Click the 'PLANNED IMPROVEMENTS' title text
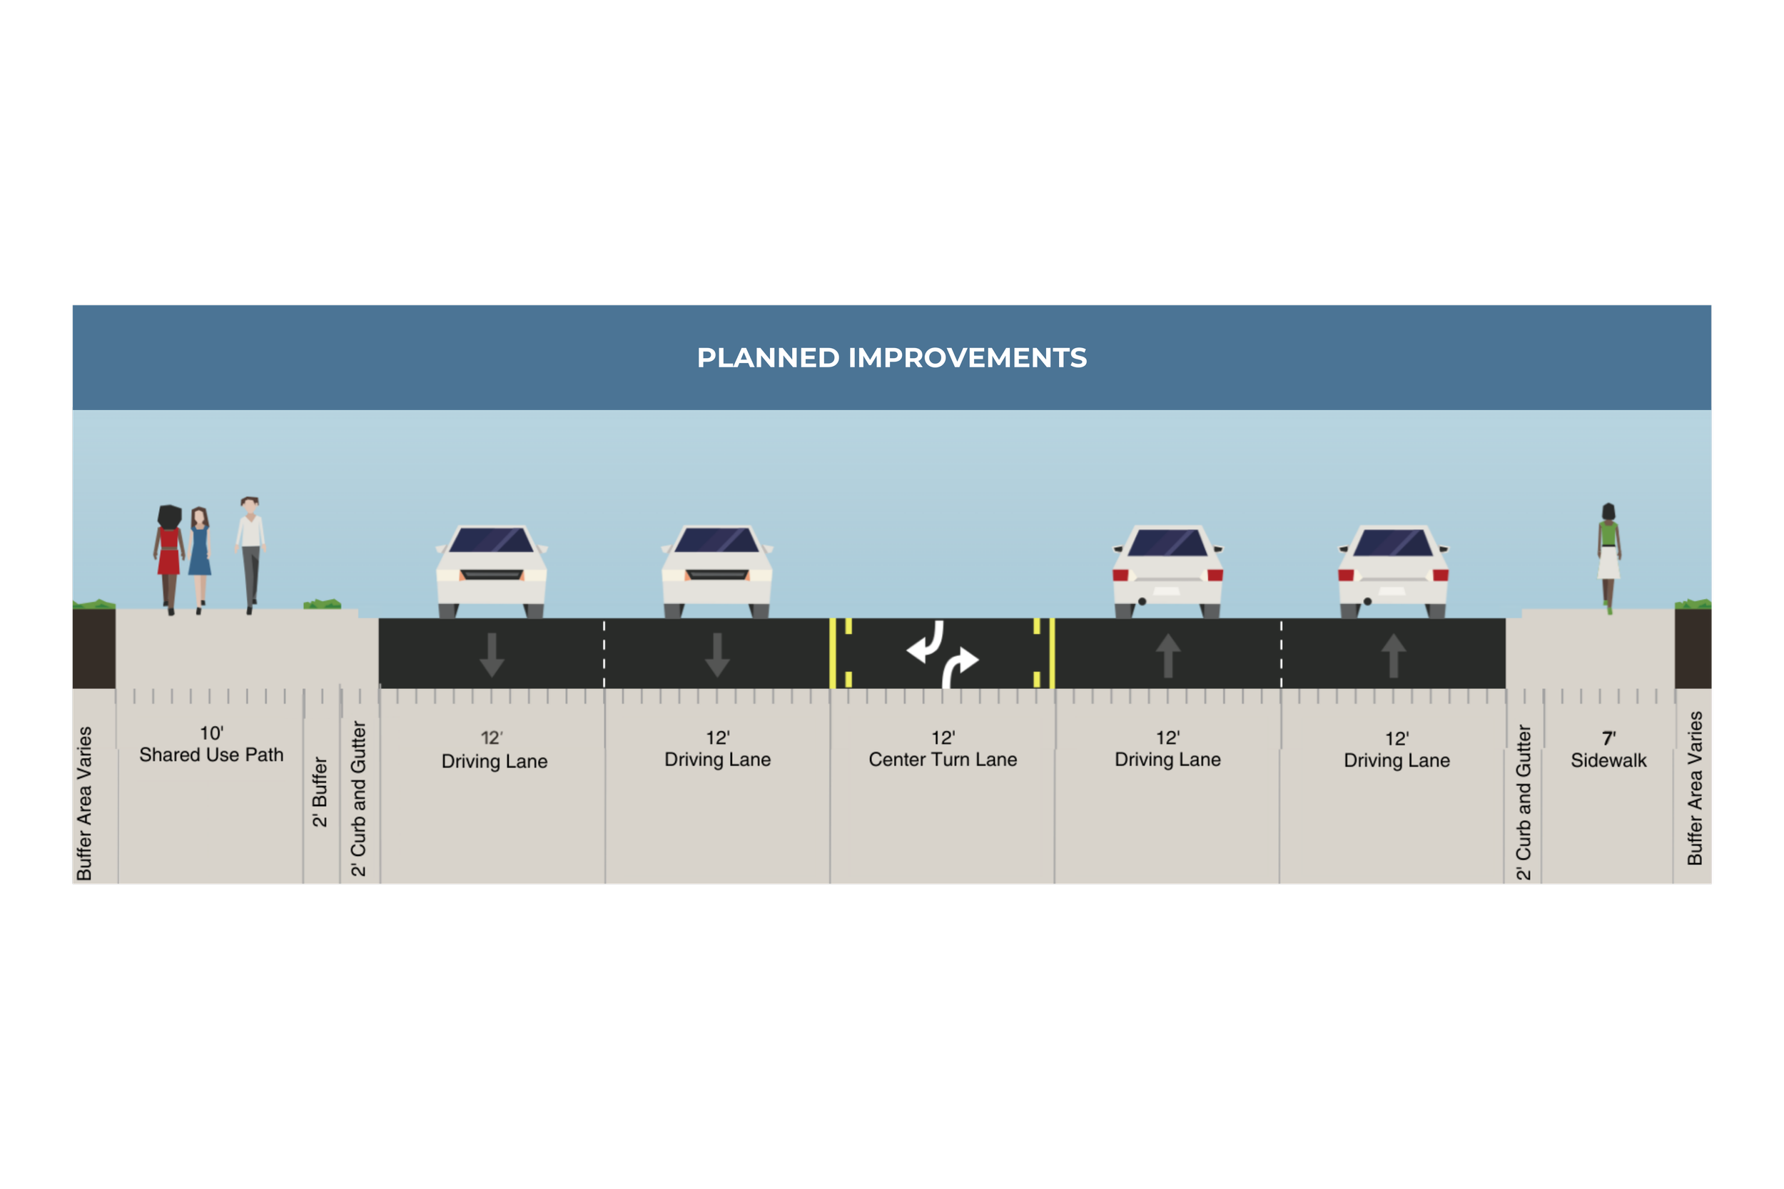coord(891,358)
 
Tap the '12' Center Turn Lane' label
coord(943,749)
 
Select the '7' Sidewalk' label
coord(1608,750)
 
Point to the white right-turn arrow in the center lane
coord(961,663)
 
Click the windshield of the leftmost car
coord(492,541)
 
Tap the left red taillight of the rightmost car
coord(1347,575)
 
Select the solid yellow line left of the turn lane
coord(833,653)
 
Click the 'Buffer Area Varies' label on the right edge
coord(1695,789)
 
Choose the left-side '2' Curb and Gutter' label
coord(359,798)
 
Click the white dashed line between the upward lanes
coord(1281,653)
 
